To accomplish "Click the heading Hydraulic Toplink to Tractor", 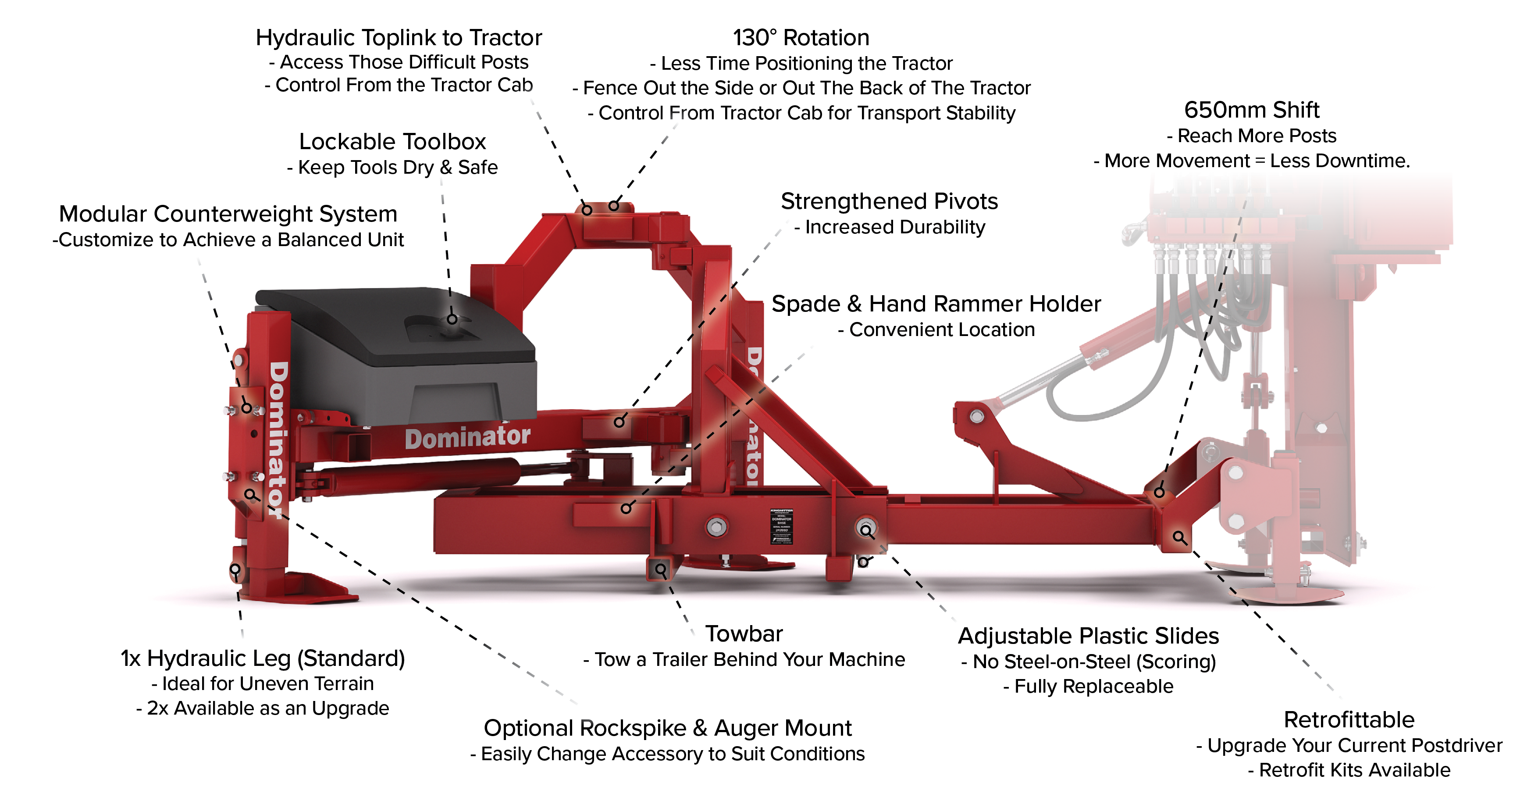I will click(x=399, y=38).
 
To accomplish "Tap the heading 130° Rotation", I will click(x=801, y=38).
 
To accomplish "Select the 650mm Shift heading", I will click(x=1251, y=110).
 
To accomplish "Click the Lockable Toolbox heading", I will click(x=392, y=142).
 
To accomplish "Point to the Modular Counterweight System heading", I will click(x=228, y=214).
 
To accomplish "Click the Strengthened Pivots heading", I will click(x=889, y=201).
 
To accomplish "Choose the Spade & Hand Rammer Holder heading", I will click(x=936, y=304).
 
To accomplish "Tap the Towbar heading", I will click(x=744, y=634).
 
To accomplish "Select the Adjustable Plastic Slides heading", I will click(x=1089, y=636).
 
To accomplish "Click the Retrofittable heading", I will click(x=1349, y=720).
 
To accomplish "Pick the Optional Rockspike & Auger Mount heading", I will click(x=667, y=728).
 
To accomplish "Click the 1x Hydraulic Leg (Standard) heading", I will click(x=263, y=658).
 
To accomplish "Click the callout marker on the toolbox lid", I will click(x=452, y=319).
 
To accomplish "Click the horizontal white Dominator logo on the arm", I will click(x=467, y=437).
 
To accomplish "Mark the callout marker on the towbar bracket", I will click(x=660, y=569).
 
